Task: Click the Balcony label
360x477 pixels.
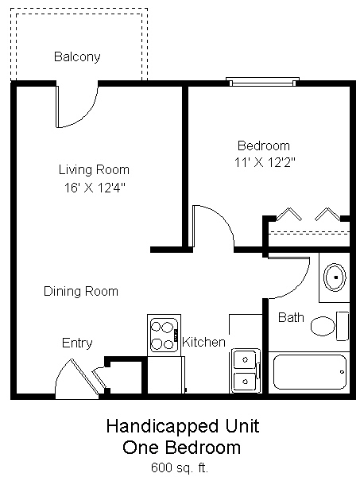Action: pyautogui.click(x=76, y=57)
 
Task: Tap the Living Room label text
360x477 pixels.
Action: pyautogui.click(x=94, y=169)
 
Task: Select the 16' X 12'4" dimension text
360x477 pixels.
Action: pyautogui.click(x=94, y=188)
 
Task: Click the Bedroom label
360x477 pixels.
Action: pyautogui.click(x=264, y=145)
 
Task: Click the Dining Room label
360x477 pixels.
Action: pyautogui.click(x=80, y=291)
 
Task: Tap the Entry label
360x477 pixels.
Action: pyautogui.click(x=77, y=343)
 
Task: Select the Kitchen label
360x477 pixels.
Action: pyautogui.click(x=204, y=342)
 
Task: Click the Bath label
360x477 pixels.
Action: pyautogui.click(x=291, y=317)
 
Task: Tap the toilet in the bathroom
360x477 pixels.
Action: pyautogui.click(x=327, y=325)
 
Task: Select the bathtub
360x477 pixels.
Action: pyautogui.click(x=310, y=371)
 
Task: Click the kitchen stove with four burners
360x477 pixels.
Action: pyautogui.click(x=164, y=334)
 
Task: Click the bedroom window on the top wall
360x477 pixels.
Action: pyautogui.click(x=263, y=80)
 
